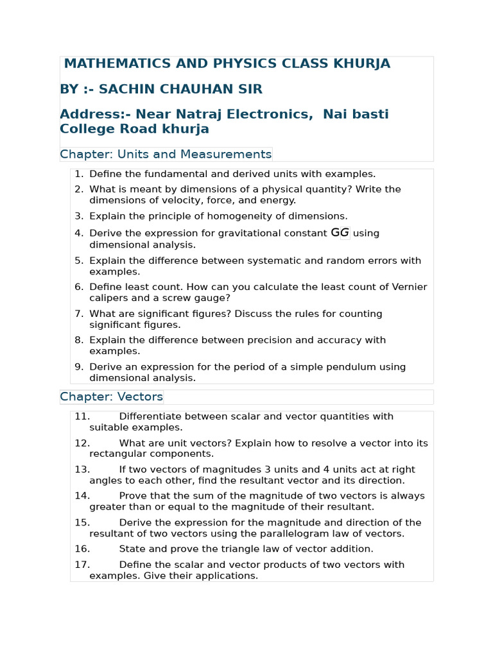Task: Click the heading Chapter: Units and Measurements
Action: tap(166, 154)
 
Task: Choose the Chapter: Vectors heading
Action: tap(112, 397)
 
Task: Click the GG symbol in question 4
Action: tap(340, 233)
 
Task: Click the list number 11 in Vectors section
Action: tap(82, 416)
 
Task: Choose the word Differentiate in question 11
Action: tap(151, 416)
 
